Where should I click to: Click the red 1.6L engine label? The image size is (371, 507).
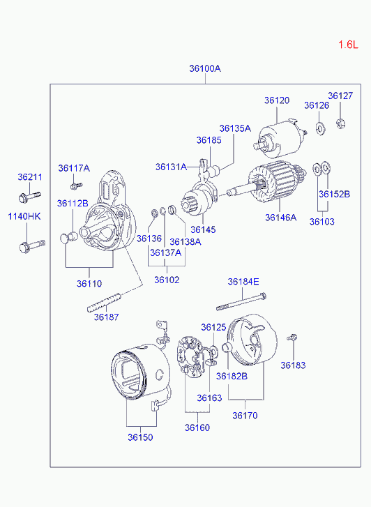click(x=349, y=45)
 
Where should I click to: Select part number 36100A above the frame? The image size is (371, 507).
click(x=205, y=68)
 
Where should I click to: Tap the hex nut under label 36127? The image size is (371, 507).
click(x=340, y=123)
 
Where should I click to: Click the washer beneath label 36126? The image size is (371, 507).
click(x=320, y=128)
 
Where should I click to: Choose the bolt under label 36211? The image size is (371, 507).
click(x=29, y=197)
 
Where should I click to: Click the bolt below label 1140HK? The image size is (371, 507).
click(x=31, y=245)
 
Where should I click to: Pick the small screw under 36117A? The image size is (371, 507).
click(x=76, y=186)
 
